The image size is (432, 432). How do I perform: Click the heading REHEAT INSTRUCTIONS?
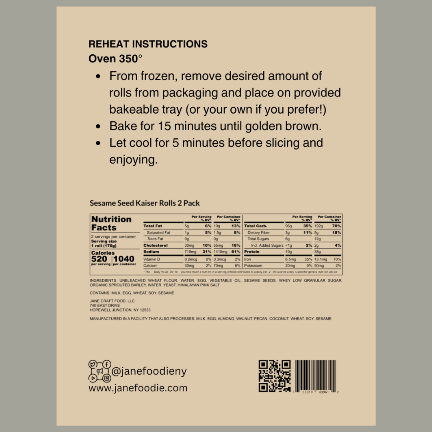pos(148,44)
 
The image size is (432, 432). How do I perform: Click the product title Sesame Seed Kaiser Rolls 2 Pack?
pos(144,203)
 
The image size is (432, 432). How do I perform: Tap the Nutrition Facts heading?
pos(111,223)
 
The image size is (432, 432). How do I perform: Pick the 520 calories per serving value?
pos(99,259)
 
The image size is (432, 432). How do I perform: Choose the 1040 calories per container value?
pos(124,259)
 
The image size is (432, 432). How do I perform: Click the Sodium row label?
pos(151,252)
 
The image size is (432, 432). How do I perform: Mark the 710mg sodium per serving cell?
pos(189,252)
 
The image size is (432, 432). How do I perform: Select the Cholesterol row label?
pos(156,245)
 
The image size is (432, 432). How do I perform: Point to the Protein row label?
pos(252,252)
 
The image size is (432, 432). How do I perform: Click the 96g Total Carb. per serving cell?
pos(289,226)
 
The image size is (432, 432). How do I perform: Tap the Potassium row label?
pos(253,266)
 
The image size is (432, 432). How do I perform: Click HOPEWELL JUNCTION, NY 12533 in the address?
pos(120,310)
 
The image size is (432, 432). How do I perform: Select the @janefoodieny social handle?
pos(149,371)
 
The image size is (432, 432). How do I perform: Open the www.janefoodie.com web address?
pos(138,388)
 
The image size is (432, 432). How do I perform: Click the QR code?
pos(274,376)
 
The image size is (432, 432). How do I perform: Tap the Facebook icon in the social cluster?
pos(106,364)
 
